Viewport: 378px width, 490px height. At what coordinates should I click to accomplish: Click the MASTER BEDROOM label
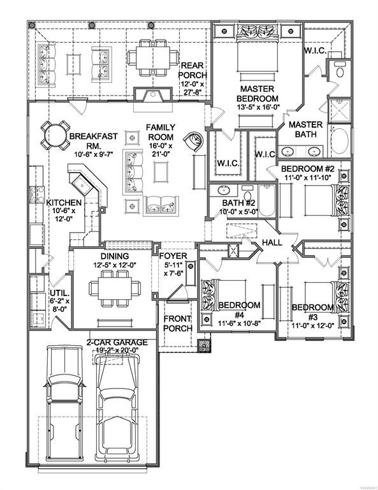(x=257, y=93)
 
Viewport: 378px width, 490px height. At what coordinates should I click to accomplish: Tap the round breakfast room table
(x=55, y=136)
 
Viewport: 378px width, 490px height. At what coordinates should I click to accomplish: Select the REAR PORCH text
(x=193, y=70)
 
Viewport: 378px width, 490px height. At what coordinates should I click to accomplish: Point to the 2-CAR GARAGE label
(x=117, y=343)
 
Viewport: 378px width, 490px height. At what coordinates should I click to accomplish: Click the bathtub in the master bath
(x=339, y=141)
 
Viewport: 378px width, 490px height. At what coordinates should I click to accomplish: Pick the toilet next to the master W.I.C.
(x=339, y=70)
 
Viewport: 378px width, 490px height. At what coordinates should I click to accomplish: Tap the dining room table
(x=115, y=288)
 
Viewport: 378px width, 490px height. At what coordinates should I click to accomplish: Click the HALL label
(x=272, y=242)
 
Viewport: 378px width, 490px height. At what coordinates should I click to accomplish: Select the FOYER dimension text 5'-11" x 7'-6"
(x=175, y=269)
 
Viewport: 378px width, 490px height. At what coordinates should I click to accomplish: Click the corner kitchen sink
(x=82, y=185)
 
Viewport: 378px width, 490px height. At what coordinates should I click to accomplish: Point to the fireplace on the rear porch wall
(x=153, y=95)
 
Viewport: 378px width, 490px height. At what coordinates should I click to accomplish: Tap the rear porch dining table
(x=153, y=58)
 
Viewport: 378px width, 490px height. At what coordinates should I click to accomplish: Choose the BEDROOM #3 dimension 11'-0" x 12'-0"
(x=313, y=325)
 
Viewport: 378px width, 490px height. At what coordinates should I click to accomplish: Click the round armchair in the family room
(x=194, y=141)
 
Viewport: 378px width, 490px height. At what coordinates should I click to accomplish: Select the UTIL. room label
(x=60, y=293)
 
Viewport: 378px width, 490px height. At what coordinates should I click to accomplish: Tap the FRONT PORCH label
(x=178, y=323)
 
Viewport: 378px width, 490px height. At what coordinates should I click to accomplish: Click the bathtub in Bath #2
(x=267, y=200)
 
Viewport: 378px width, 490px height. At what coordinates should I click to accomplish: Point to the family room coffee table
(x=161, y=172)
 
